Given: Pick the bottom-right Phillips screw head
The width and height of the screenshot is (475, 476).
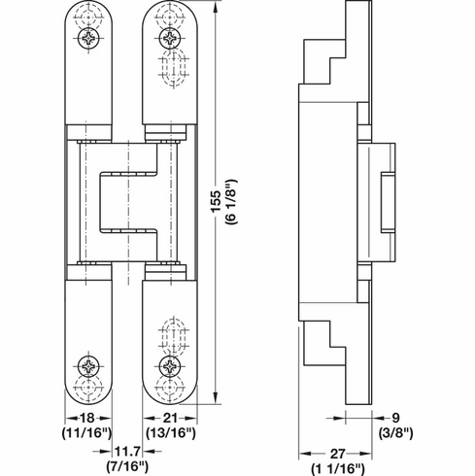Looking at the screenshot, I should [168, 366].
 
